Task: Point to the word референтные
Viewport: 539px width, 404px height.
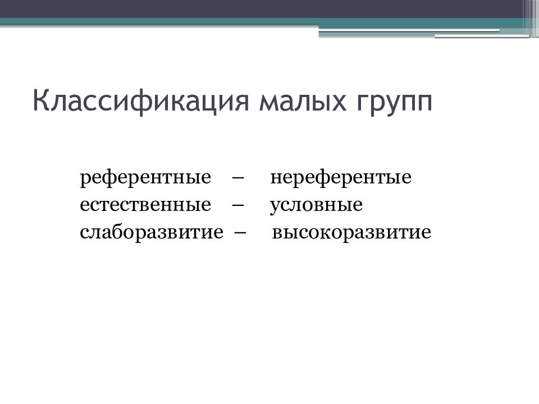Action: (145, 178)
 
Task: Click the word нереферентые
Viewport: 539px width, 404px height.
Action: (341, 178)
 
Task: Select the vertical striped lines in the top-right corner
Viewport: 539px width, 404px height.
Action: (531, 17)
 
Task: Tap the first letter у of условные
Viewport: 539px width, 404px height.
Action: (275, 206)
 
